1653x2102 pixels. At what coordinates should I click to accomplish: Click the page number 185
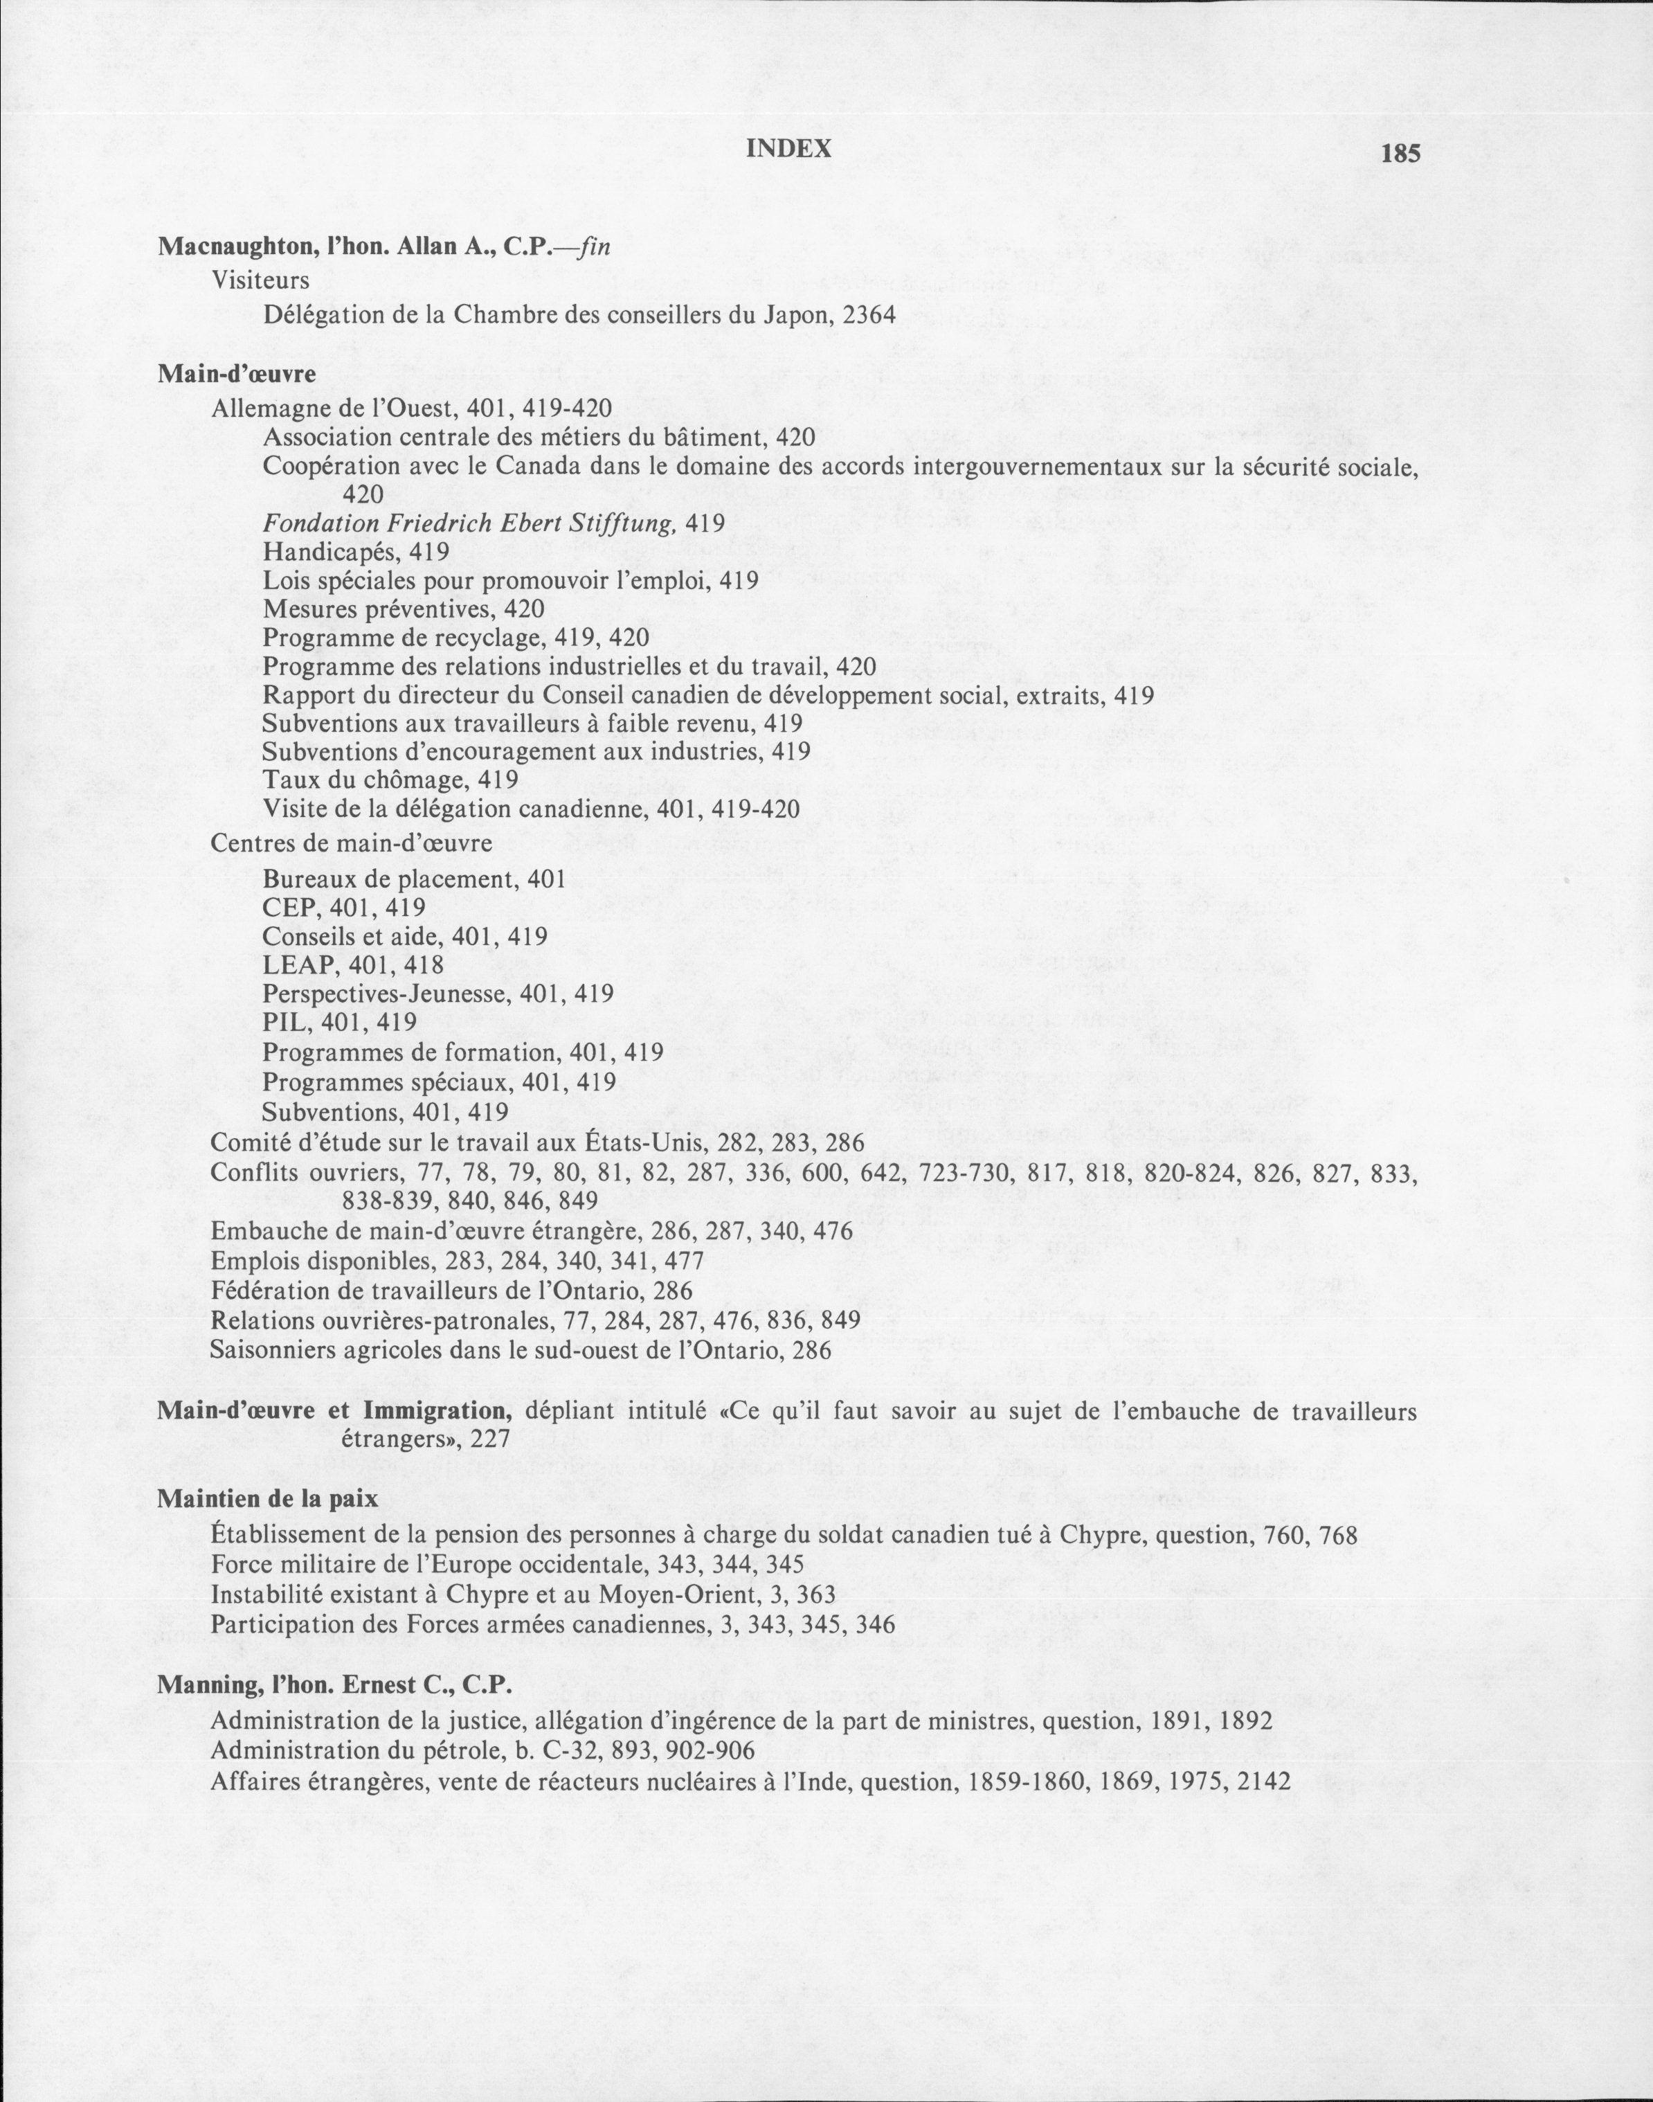[x=1400, y=153]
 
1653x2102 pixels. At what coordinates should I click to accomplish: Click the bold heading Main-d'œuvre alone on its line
[x=237, y=374]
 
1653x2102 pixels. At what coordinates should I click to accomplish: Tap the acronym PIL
[x=284, y=1022]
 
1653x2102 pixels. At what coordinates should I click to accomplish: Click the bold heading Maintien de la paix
[x=267, y=1499]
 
